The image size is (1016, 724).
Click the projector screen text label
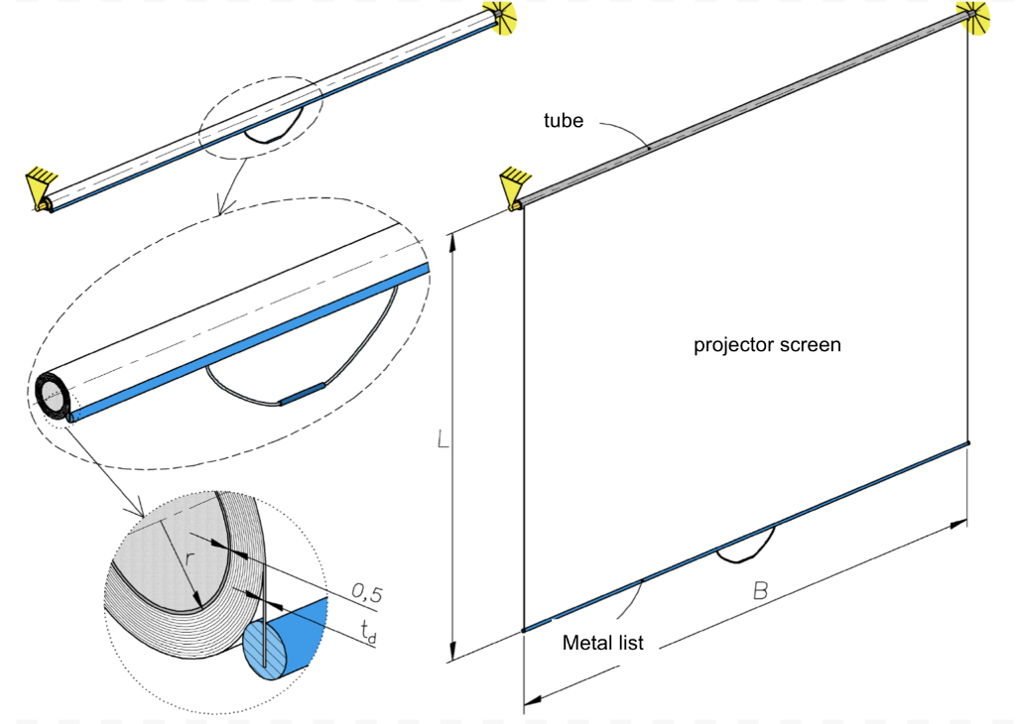(767, 345)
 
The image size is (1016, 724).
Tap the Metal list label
(602, 643)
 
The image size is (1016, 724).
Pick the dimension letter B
(759, 591)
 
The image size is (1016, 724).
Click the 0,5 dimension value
(367, 594)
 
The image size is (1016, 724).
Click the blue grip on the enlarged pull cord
(302, 394)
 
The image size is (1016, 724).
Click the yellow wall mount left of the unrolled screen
(515, 186)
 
